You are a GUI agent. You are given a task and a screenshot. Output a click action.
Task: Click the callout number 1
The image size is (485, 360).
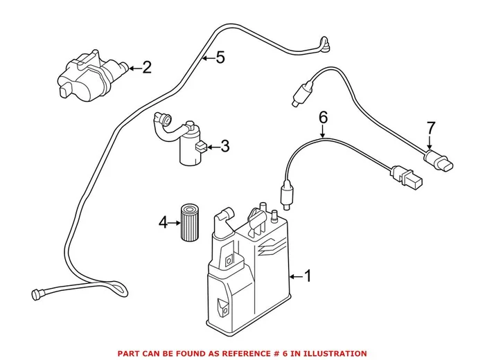coord(308,277)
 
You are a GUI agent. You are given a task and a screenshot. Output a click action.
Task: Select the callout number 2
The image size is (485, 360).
coord(146,67)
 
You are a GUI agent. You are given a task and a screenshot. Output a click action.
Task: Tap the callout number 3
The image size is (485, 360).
coord(223,146)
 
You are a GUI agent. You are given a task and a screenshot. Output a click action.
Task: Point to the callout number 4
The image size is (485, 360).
coord(164,222)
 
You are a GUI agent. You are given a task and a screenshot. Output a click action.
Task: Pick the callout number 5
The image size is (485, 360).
coord(220,58)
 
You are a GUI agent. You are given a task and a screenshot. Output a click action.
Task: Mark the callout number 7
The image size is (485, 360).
coord(431,128)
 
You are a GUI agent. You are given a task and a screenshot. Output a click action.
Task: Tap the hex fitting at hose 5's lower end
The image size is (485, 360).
coord(37,294)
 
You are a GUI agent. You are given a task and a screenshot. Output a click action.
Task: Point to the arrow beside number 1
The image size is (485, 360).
coord(294,277)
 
